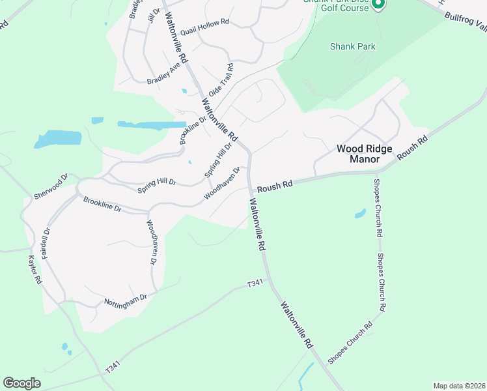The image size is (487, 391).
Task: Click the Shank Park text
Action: [x=352, y=47]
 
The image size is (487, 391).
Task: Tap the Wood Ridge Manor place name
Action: [x=364, y=153]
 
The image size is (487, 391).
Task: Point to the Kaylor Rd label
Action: [x=35, y=270]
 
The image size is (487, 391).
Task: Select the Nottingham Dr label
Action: [x=126, y=300]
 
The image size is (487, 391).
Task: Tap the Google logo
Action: [x=21, y=383]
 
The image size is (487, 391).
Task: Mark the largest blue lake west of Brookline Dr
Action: [x=59, y=138]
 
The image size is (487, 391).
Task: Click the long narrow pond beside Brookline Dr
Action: [x=151, y=124]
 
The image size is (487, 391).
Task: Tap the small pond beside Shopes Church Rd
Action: [x=360, y=213]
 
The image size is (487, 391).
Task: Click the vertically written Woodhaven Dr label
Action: [x=151, y=242]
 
